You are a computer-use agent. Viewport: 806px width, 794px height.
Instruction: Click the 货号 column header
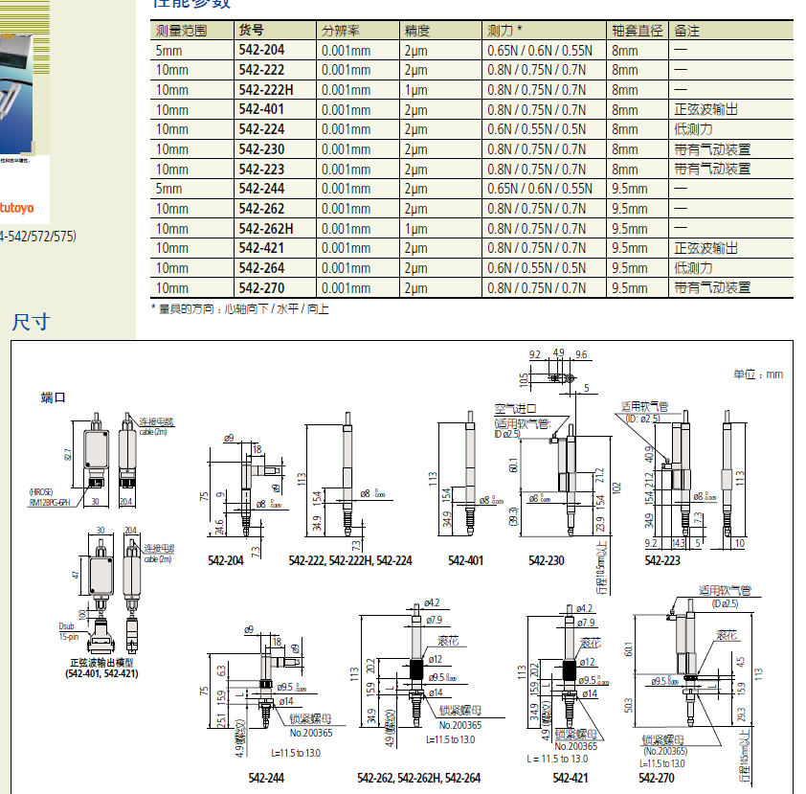pos(251,31)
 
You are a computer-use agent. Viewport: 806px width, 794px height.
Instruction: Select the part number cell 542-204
pos(261,50)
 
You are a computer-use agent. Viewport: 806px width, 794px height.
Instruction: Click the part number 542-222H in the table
pos(265,90)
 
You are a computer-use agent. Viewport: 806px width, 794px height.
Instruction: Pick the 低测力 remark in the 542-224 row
pos(693,129)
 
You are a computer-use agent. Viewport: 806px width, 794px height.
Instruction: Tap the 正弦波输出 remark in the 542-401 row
pos(705,110)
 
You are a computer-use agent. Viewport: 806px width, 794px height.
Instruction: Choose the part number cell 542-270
pos(261,288)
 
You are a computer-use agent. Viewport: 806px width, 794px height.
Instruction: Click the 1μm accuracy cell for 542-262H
pos(415,229)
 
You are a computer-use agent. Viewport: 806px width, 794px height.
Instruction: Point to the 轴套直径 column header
pos(637,31)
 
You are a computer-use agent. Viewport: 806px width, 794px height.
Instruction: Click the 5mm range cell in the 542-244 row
pos(168,190)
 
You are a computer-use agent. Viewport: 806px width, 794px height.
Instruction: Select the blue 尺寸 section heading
pos(30,322)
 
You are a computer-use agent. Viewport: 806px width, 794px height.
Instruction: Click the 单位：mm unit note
pos(758,374)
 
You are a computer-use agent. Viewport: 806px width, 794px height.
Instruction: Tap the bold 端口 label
pos(53,397)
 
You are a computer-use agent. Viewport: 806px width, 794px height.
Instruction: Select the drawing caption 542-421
pos(570,778)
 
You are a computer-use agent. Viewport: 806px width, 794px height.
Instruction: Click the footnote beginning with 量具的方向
pos(239,309)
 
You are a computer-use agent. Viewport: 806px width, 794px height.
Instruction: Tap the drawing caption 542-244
pos(265,778)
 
